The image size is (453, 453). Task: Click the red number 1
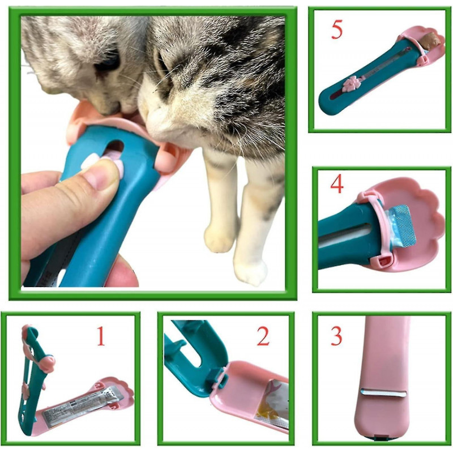coord(100,336)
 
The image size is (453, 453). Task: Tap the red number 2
coord(263,336)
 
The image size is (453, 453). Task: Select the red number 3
coord(336,336)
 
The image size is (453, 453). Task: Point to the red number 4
coord(337,185)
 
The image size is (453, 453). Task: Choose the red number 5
coord(337,29)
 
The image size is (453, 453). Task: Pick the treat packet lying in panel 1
coord(79,405)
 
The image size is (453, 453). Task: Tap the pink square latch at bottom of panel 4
coord(383,261)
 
